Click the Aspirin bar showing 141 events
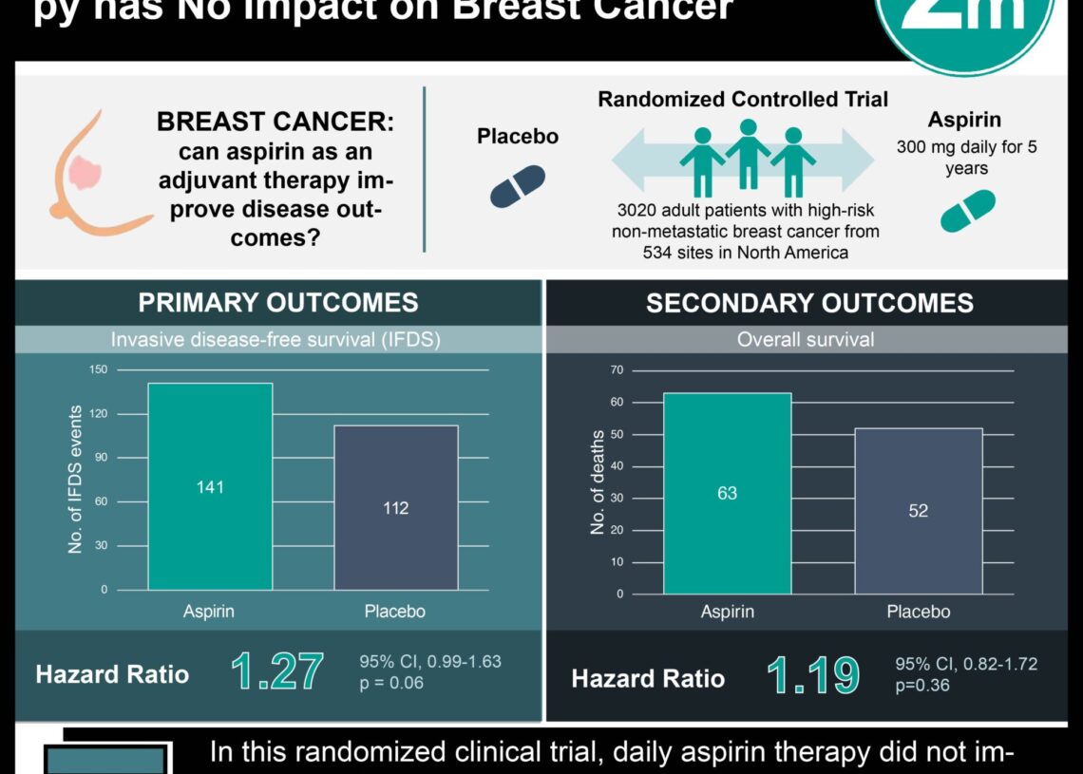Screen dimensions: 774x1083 tap(210, 486)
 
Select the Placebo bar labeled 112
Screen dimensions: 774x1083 tap(395, 507)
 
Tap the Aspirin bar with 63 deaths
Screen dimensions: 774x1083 tap(727, 493)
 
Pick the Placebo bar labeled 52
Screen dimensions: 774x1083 tap(918, 511)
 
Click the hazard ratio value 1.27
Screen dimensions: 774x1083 tap(277, 672)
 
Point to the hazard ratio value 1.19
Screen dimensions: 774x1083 tap(813, 677)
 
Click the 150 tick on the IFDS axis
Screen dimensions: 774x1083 tap(99, 369)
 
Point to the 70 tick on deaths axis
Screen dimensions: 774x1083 tap(617, 369)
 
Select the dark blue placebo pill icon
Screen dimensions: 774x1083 tap(518, 186)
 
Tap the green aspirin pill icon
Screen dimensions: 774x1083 tap(967, 211)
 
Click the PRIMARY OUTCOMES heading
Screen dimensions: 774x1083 tap(277, 303)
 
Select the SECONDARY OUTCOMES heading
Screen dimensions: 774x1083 tap(809, 303)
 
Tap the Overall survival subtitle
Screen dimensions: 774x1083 tap(806, 339)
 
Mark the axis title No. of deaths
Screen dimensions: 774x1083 tap(598, 482)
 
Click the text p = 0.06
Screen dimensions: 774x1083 tap(391, 682)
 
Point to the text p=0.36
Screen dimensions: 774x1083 tap(922, 686)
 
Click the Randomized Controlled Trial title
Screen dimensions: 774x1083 tap(743, 99)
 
